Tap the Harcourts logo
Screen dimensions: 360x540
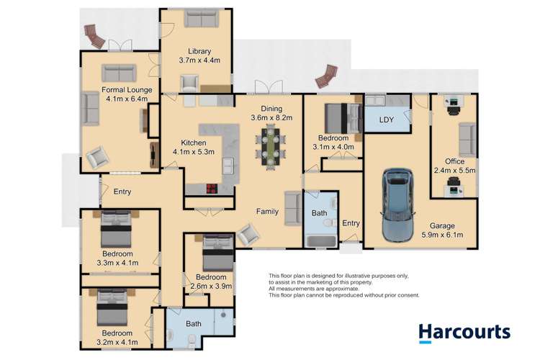point(464,333)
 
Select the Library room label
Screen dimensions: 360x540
point(199,51)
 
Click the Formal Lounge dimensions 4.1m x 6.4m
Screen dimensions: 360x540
point(115,99)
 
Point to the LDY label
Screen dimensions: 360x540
point(387,120)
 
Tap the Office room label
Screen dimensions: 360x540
point(454,161)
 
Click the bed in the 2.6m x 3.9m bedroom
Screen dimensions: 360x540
point(216,254)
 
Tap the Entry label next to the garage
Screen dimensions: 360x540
point(351,223)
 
